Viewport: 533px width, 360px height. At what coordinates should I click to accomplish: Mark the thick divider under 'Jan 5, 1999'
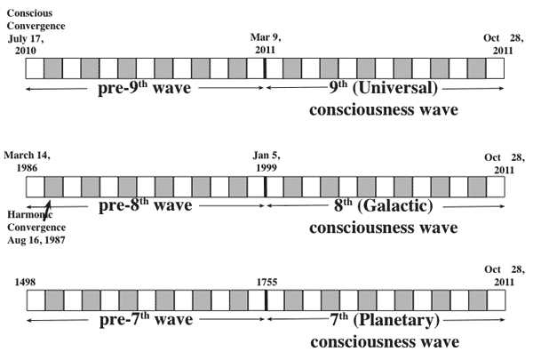coord(265,186)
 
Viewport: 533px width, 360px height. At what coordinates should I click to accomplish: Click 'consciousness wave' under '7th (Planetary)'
coord(383,342)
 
